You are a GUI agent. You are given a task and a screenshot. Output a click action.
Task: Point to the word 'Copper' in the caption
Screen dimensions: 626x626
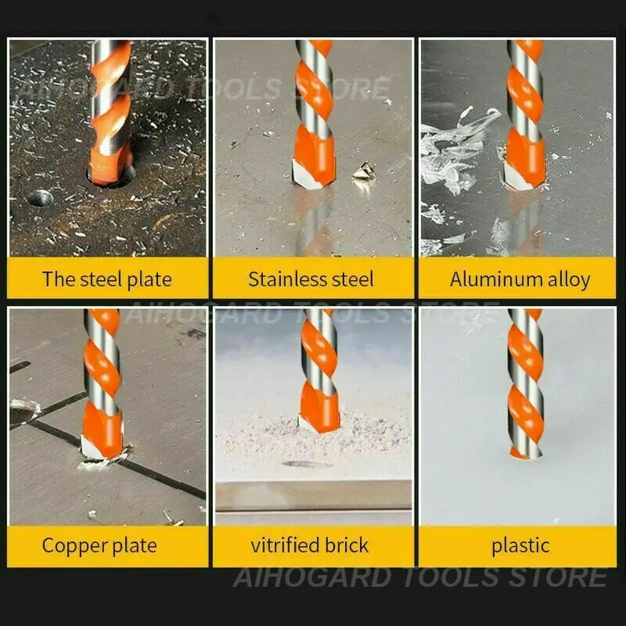tap(74, 546)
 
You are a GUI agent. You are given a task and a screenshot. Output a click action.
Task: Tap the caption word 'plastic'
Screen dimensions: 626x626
tap(520, 545)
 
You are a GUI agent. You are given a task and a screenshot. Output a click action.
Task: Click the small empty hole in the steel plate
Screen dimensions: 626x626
tap(40, 198)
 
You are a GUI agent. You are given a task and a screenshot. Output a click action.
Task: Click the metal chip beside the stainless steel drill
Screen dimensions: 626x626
tap(363, 171)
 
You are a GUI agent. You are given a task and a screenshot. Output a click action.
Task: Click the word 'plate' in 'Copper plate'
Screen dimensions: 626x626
tap(135, 546)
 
